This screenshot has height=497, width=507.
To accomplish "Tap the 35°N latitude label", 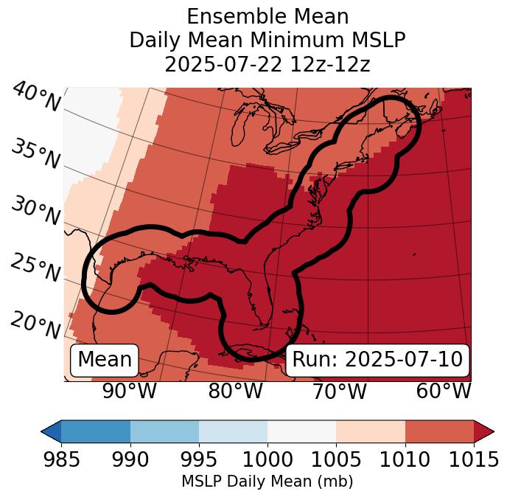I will click(35, 154).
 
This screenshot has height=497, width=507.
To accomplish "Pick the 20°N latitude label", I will click(35, 324).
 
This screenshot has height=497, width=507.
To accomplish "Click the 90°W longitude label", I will click(129, 391).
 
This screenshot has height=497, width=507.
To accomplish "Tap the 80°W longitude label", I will click(235, 391).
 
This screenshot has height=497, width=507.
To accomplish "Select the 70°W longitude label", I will click(340, 391).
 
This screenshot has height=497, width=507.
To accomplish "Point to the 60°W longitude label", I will click(444, 391).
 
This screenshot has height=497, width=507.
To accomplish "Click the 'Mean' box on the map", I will click(105, 360).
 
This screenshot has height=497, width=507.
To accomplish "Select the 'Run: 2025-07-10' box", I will click(377, 360).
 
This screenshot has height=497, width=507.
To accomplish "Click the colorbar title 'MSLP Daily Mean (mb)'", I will click(267, 482).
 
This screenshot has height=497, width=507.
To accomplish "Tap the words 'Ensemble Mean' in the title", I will click(267, 16).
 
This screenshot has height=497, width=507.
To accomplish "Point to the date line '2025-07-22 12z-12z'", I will click(267, 64).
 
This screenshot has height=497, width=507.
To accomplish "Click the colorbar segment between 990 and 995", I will click(164, 431).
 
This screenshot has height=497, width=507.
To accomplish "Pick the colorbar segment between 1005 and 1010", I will click(371, 431).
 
